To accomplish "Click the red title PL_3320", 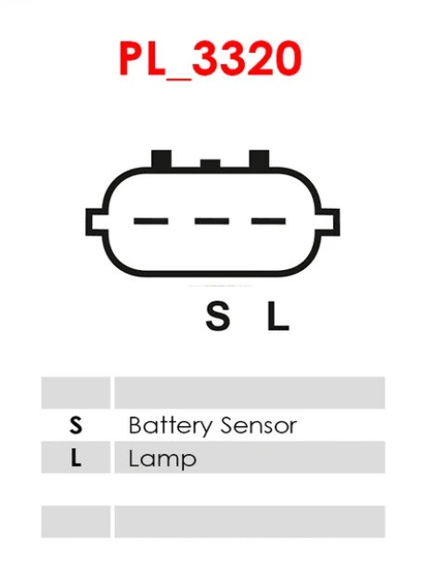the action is pyautogui.click(x=210, y=59).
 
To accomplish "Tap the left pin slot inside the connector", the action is pyautogui.click(x=151, y=221).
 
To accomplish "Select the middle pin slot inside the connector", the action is pyautogui.click(x=212, y=221).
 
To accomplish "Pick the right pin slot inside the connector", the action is pyautogui.click(x=269, y=221).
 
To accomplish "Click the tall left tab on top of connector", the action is pyautogui.click(x=161, y=159).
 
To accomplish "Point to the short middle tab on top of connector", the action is pyautogui.click(x=210, y=164).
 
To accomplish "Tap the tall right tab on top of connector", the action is pyautogui.click(x=259, y=159).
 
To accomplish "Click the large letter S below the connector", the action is pyautogui.click(x=218, y=316).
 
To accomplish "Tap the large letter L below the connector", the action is pyautogui.click(x=277, y=316).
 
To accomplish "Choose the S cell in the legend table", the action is pyautogui.click(x=75, y=425).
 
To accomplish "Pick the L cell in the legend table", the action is pyautogui.click(x=75, y=457).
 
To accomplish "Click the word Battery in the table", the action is pyautogui.click(x=170, y=426).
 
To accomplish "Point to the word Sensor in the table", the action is pyautogui.click(x=258, y=426).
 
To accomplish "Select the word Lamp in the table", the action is pyautogui.click(x=162, y=459).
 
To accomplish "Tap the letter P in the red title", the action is pyautogui.click(x=131, y=59).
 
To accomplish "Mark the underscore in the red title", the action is pyautogui.click(x=177, y=78).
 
